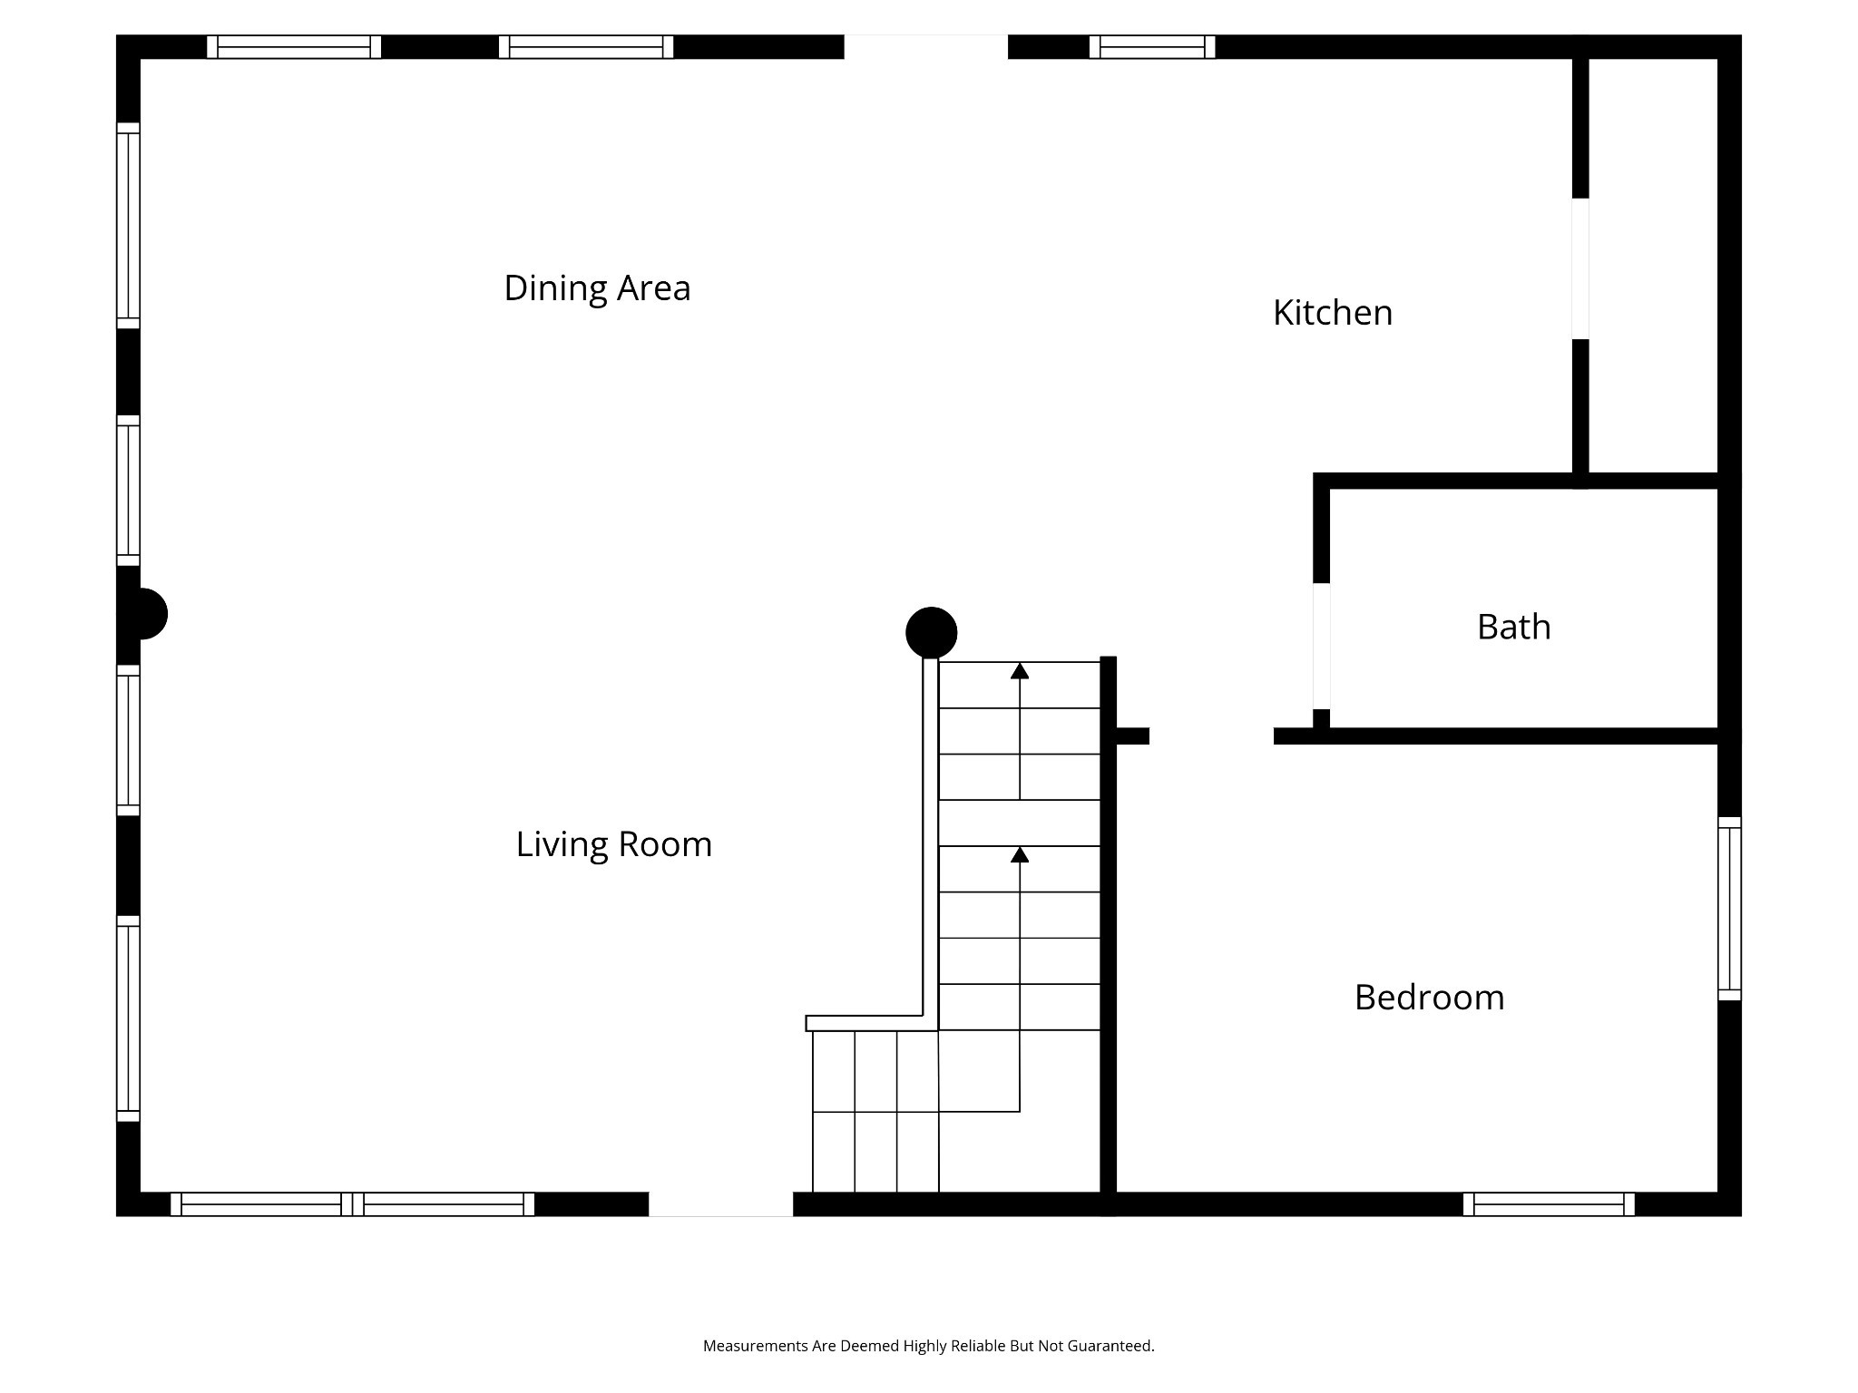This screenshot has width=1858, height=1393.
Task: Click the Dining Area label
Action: click(x=597, y=288)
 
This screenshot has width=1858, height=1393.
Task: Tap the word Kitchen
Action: click(x=1333, y=313)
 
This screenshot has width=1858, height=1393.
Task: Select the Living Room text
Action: click(x=614, y=845)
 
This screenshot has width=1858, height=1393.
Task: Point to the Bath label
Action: click(x=1514, y=627)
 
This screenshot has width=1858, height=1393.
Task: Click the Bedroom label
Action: click(x=1430, y=998)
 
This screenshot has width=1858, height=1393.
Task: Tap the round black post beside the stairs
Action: click(x=932, y=632)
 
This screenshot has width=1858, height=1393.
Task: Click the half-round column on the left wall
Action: click(x=150, y=614)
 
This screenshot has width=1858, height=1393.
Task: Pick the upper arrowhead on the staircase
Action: click(x=1020, y=670)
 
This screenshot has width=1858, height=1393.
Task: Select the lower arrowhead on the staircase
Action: click(x=1020, y=854)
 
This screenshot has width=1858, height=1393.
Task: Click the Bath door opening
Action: click(x=1322, y=646)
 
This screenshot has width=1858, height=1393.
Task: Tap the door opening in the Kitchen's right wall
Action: click(x=1580, y=268)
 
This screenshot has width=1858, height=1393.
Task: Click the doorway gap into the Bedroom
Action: click(x=1211, y=735)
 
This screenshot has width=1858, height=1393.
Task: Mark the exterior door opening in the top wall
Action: click(x=926, y=47)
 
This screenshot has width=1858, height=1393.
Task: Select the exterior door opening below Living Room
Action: click(x=721, y=1204)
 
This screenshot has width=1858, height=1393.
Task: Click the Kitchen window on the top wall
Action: click(x=1152, y=47)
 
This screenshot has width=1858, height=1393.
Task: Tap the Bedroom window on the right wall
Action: click(x=1730, y=909)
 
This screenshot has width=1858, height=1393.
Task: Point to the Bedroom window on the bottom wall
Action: click(x=1549, y=1204)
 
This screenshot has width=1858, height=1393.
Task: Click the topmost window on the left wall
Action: click(x=129, y=226)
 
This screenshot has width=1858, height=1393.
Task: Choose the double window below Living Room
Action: click(x=352, y=1204)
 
